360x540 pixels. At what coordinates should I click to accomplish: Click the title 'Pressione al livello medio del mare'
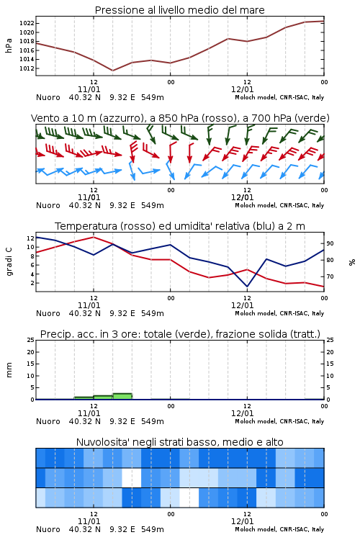[179, 10]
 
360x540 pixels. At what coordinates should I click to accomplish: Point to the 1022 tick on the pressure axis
[27, 24]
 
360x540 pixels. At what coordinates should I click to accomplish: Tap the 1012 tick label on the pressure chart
[27, 68]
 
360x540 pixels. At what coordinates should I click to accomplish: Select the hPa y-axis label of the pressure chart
[9, 45]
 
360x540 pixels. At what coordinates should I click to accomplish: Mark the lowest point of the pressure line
[112, 71]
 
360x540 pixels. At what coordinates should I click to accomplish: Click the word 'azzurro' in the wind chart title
[120, 119]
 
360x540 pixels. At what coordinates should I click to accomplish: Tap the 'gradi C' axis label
[9, 262]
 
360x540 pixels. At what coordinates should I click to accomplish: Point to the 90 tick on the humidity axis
[330, 243]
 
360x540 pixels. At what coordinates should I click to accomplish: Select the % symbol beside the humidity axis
[352, 262]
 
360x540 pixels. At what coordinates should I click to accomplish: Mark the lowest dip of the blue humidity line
[247, 286]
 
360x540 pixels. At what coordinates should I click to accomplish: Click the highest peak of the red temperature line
[94, 237]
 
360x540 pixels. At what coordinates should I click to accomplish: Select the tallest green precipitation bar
[122, 397]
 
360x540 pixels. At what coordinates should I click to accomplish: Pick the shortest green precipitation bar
[84, 398]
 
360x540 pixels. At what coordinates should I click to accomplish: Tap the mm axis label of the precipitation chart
[9, 370]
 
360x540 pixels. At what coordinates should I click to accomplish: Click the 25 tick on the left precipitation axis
[31, 340]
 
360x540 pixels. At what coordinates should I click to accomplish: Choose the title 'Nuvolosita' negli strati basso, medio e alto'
[179, 442]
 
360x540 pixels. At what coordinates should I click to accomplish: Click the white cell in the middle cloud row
[132, 477]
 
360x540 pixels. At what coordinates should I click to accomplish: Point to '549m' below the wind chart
[152, 206]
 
